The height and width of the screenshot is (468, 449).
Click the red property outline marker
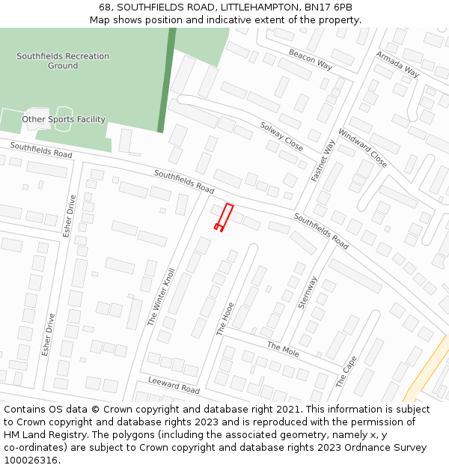224,216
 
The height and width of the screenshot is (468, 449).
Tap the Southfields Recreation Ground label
63,61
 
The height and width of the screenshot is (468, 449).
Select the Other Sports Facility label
64,119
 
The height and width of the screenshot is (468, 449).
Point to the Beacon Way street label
311,59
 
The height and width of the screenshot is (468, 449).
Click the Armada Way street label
397,64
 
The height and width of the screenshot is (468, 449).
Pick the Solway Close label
281,136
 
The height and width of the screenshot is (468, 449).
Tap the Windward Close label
362,148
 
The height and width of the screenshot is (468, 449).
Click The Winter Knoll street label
161,297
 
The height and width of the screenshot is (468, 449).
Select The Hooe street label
225,318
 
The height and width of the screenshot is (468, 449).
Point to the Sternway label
308,293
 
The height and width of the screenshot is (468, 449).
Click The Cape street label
346,371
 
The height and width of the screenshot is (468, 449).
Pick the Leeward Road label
174,386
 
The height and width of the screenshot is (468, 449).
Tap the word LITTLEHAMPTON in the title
255,7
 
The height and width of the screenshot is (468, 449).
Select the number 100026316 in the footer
31,461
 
